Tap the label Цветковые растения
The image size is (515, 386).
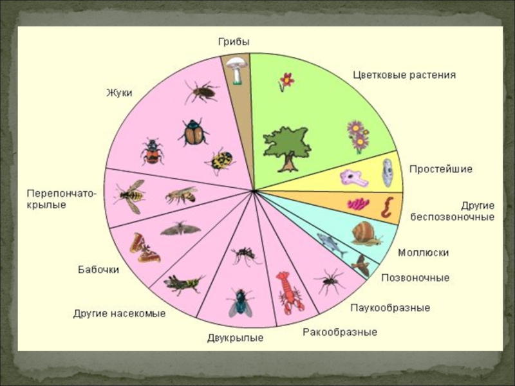point(404,75)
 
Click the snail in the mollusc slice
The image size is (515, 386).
point(365,233)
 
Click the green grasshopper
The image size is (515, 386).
point(183,283)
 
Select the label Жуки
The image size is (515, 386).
point(119,93)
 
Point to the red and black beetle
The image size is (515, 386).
point(153,151)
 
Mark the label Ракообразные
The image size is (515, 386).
point(340,333)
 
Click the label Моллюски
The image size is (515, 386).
point(423,253)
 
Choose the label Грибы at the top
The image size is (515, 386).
point(232,42)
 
